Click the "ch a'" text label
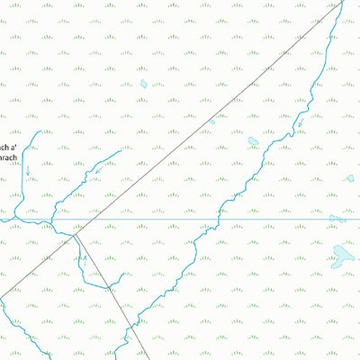(x=8, y=148)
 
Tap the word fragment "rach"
(x=8, y=158)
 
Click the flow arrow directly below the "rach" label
(x=27, y=169)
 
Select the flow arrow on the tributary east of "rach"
(x=97, y=170)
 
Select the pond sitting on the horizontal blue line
(x=337, y=218)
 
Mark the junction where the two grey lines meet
(x=76, y=234)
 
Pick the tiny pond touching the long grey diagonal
(x=212, y=121)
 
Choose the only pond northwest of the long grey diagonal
(x=143, y=84)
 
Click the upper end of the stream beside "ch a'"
(x=39, y=131)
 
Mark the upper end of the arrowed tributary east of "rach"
(x=121, y=151)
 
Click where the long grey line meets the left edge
(x=1, y=294)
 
